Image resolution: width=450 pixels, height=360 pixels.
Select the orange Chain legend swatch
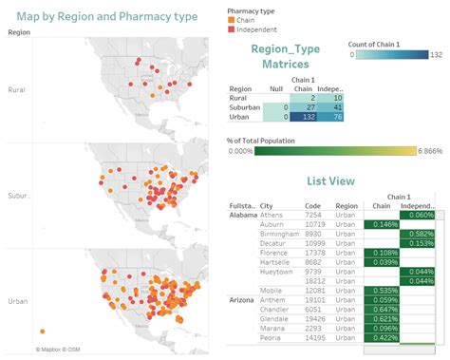[233, 20]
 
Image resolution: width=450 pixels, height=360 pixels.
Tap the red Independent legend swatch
[233, 29]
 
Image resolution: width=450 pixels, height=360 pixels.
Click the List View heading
[331, 180]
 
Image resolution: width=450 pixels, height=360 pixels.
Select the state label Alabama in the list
[243, 216]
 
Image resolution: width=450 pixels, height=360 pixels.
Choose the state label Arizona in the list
[242, 299]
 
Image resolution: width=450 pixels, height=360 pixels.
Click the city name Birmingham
[280, 234]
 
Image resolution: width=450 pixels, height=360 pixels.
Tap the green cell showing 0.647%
[383, 310]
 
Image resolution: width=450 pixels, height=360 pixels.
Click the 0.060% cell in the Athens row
[417, 216]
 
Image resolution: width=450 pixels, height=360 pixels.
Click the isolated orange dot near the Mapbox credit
[43, 332]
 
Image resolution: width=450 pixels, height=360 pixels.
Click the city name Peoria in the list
[272, 338]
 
